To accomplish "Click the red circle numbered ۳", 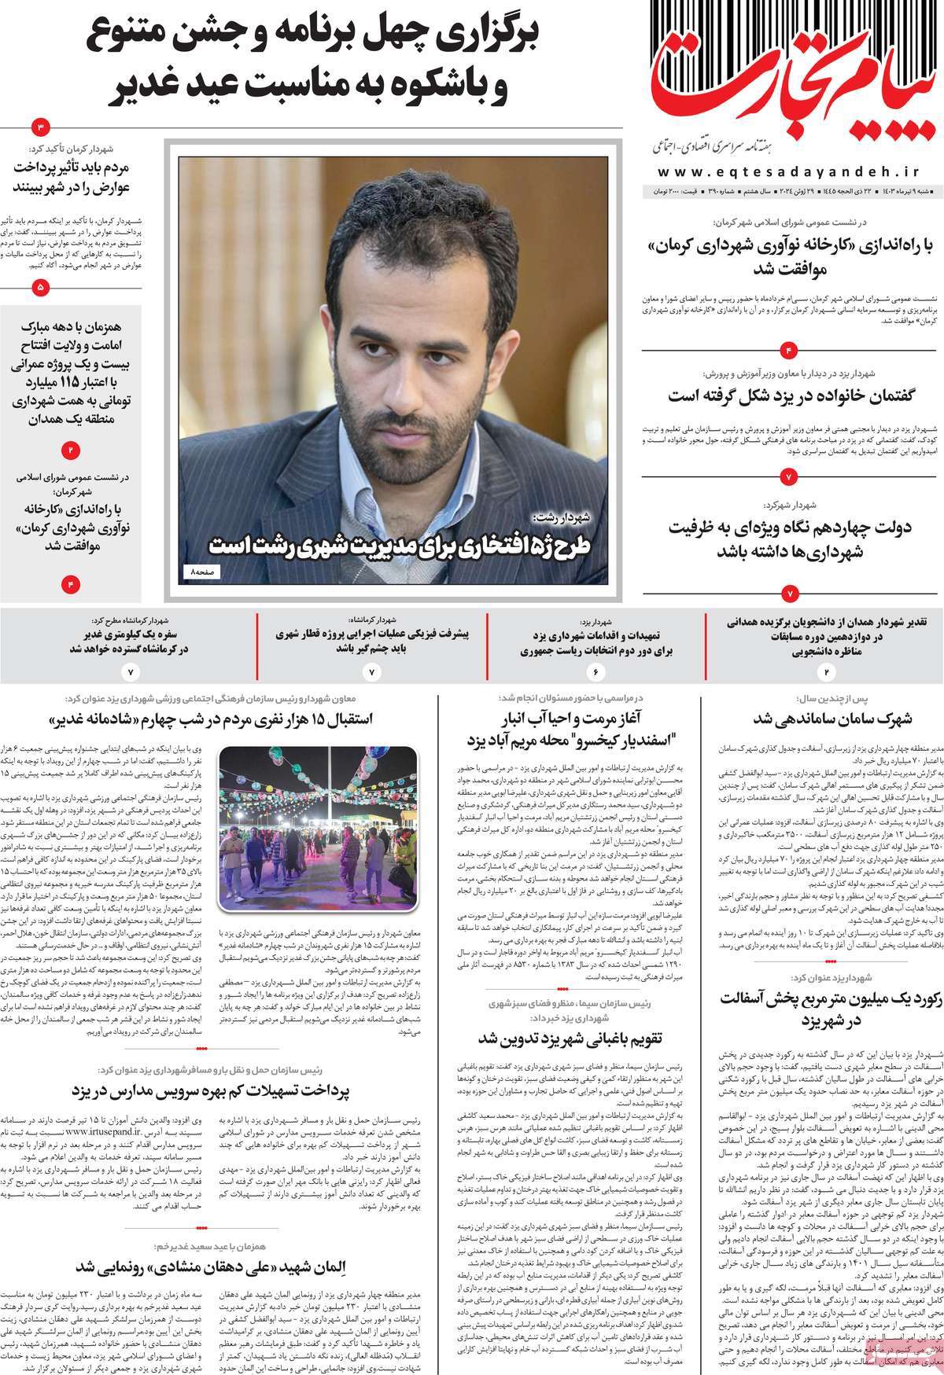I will point(41,127).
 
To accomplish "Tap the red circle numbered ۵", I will point(41,289).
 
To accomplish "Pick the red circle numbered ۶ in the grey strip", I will point(596,673).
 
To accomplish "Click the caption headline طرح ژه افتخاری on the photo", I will point(405,545).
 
